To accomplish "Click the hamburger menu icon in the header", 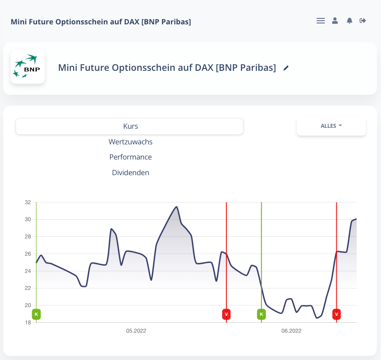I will [x=321, y=21].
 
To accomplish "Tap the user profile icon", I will [x=335, y=21].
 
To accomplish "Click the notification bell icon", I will [x=349, y=21].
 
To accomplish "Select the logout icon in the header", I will [x=363, y=21].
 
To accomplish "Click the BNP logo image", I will [x=28, y=67].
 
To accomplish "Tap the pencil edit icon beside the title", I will [x=286, y=68].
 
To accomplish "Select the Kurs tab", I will [x=130, y=126].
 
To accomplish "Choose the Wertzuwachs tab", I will [x=130, y=142].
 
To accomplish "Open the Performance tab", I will [x=130, y=157].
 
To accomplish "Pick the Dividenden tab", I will [x=130, y=173].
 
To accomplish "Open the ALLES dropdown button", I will [x=331, y=126].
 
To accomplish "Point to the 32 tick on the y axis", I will [x=28, y=202].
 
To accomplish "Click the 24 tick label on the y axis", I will [x=28, y=271].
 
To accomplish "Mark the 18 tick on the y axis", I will [x=28, y=322].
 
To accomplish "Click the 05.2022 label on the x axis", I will [x=136, y=331].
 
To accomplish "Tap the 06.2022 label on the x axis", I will [x=291, y=331].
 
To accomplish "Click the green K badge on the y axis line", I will [x=36, y=314].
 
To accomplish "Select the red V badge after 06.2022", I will [x=336, y=314].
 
